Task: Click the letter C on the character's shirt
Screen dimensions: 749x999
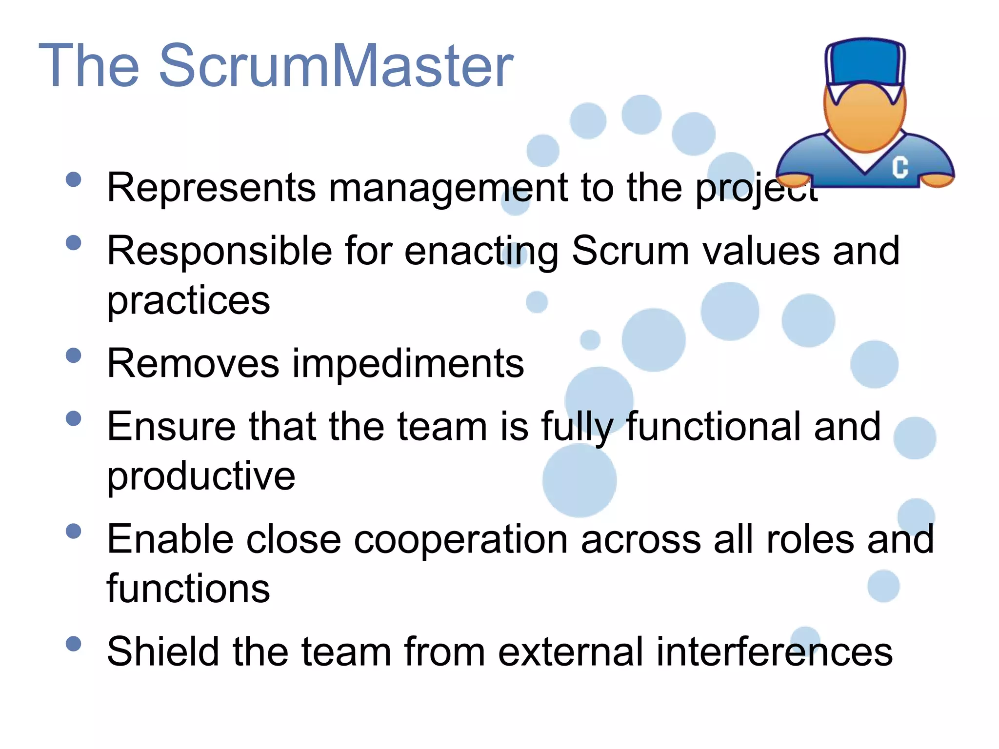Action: (900, 167)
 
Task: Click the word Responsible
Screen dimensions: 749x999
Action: (220, 251)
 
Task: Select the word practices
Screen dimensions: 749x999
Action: (188, 301)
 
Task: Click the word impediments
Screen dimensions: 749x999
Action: (408, 364)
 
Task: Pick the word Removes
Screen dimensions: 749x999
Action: (193, 364)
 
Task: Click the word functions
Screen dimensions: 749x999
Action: (188, 589)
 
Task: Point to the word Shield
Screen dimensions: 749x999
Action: (163, 651)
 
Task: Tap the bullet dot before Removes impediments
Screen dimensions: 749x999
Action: (73, 355)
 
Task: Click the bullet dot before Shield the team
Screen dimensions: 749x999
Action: (73, 644)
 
